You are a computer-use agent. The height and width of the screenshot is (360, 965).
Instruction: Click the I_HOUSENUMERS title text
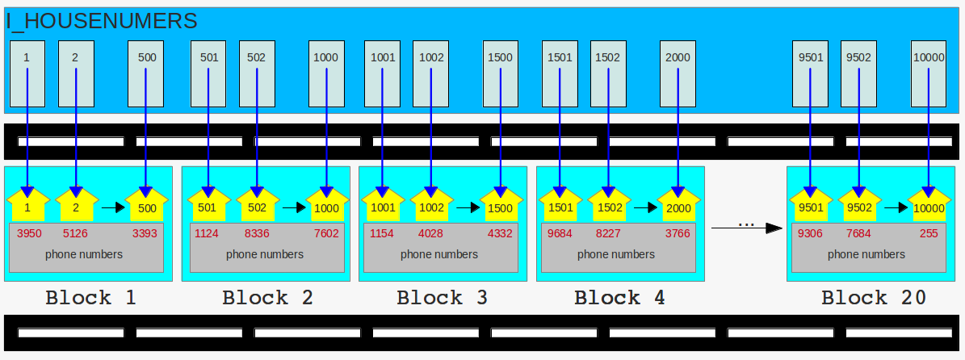click(x=102, y=21)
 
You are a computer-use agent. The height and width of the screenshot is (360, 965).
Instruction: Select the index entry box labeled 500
click(x=146, y=73)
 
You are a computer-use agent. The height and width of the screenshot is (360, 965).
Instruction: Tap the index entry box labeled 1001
click(x=382, y=73)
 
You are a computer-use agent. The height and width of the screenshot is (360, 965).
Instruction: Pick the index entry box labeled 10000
click(x=928, y=73)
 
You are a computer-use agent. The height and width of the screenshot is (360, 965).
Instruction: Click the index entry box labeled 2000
click(x=678, y=73)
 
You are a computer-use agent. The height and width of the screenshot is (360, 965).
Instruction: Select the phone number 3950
click(x=30, y=234)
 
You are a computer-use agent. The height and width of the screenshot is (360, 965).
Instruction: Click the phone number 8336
click(x=257, y=234)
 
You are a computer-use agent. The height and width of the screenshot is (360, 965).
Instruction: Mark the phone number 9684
click(x=560, y=234)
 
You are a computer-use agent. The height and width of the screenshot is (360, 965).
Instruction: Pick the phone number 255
click(x=929, y=234)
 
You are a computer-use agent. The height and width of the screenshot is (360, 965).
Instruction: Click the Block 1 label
click(x=90, y=298)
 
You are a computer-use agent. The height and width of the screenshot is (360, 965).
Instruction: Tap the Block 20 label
click(x=874, y=298)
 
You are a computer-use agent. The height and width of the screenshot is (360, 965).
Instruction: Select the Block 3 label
click(x=442, y=298)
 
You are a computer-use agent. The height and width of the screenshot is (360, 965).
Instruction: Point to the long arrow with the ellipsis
click(x=746, y=228)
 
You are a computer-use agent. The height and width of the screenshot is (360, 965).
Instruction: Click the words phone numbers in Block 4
click(x=616, y=254)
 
